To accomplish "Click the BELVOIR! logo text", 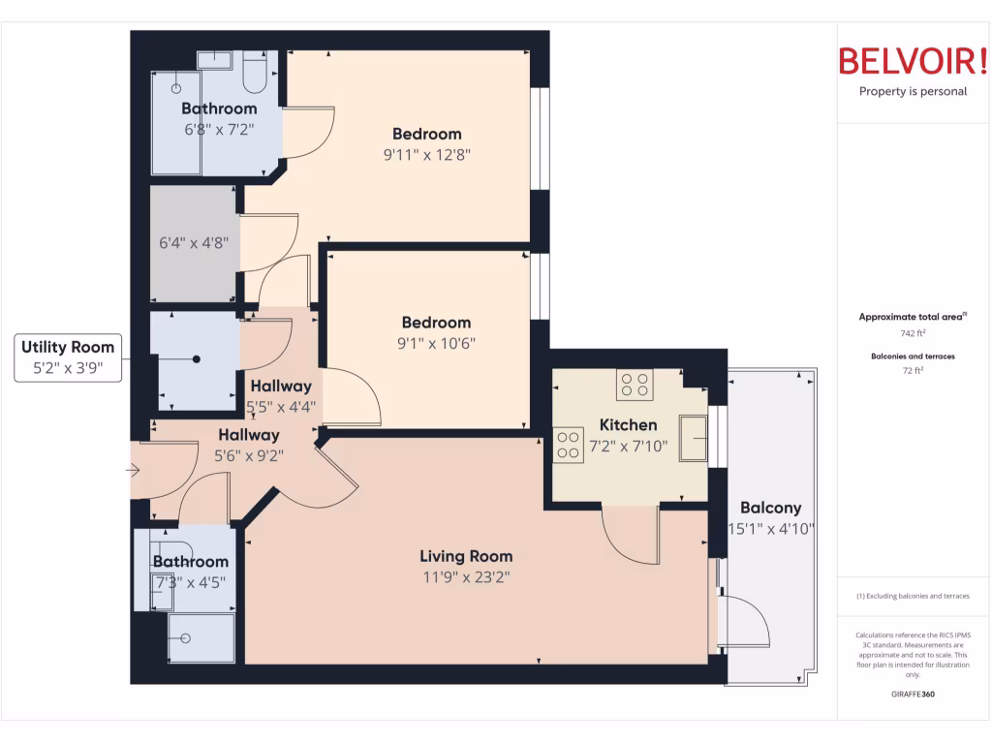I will (913, 62).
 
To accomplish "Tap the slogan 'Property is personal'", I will (913, 92).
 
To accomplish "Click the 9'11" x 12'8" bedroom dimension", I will (426, 154).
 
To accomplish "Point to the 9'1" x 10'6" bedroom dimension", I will (436, 343).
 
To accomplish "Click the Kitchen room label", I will (628, 424).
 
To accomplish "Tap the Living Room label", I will (466, 556).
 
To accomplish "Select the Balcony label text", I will (770, 508).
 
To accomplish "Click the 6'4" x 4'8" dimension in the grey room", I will (192, 243).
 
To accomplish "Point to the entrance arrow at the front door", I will (134, 472).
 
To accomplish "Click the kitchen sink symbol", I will (693, 438).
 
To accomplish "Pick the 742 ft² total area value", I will (913, 333).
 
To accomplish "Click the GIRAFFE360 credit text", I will (913, 695).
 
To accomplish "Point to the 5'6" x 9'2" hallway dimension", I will (248, 455).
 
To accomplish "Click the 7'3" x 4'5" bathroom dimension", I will (191, 581).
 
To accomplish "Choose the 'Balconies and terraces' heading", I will (913, 356).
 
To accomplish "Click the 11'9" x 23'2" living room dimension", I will (466, 577).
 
